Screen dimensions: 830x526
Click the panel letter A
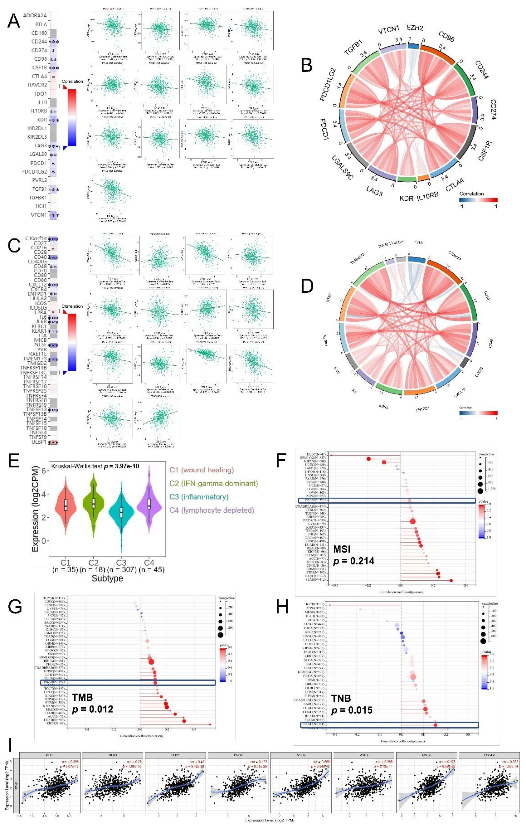point(14,21)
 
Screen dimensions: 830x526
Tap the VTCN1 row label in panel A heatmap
point(38,215)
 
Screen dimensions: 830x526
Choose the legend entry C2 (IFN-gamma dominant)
point(214,483)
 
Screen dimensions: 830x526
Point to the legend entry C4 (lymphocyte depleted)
point(212,510)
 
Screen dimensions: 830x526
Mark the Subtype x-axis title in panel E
point(107,578)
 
